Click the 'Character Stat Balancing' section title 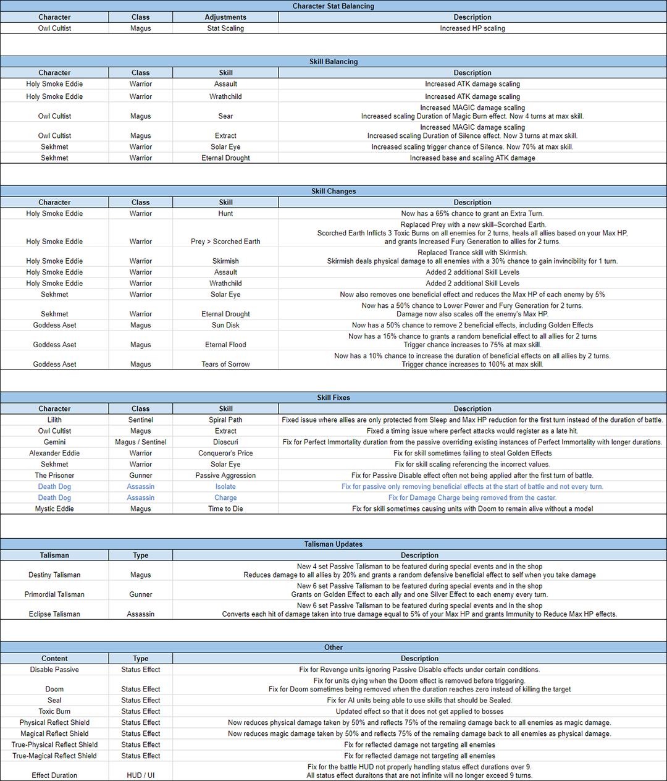click(x=333, y=6)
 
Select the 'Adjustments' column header click(x=225, y=17)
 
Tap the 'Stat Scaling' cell click(x=225, y=28)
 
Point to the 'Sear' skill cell click(x=225, y=116)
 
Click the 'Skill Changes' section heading click(x=333, y=192)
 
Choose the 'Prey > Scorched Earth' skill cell click(x=225, y=242)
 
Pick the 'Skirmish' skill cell click(x=225, y=261)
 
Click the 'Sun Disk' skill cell click(x=225, y=325)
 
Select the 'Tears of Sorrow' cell click(x=225, y=365)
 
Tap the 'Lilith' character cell click(x=54, y=420)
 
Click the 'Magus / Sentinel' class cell click(x=141, y=442)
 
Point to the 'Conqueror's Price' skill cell click(x=225, y=454)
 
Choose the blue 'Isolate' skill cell click(x=225, y=487)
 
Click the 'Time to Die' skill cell click(x=225, y=509)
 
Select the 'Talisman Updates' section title click(x=333, y=544)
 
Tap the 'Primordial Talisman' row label click(x=54, y=594)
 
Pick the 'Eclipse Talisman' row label click(x=54, y=614)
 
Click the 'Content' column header click(x=54, y=659)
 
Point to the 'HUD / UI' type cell click(x=141, y=775)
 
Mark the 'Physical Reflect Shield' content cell click(x=54, y=723)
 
